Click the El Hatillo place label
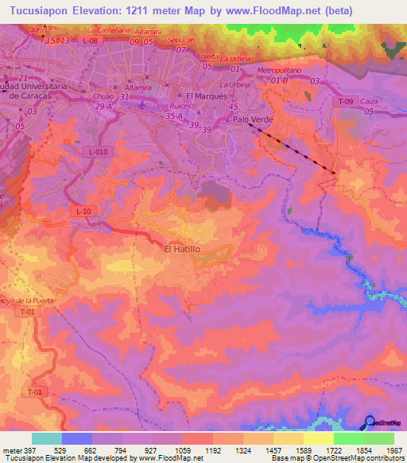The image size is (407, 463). pos(181,249)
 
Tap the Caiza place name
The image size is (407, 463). pos(368,103)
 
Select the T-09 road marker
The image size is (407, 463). pos(344,102)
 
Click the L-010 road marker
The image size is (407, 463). pos(98,151)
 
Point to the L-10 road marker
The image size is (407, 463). pos(85,210)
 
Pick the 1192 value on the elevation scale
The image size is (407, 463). pos(212,450)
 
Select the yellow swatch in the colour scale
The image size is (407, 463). pos(318,438)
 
